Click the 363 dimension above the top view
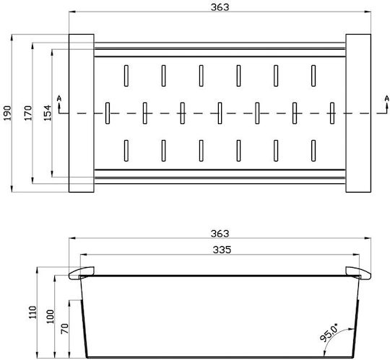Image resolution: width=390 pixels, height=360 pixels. coord(220,7)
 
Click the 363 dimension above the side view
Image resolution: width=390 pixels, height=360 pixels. coord(220,234)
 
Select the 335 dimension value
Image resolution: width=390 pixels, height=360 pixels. coord(222,250)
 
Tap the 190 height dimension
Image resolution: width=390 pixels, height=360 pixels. coord(8,113)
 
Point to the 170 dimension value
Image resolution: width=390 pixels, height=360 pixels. coord(28,113)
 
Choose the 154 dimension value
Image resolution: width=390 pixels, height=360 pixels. coord(48,113)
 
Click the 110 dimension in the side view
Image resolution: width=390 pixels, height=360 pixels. coord(32,312)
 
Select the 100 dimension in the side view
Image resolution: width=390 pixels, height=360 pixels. coord(51,316)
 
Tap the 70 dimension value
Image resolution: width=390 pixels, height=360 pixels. coord(65,328)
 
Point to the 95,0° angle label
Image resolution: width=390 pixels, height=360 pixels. coord(329,333)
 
